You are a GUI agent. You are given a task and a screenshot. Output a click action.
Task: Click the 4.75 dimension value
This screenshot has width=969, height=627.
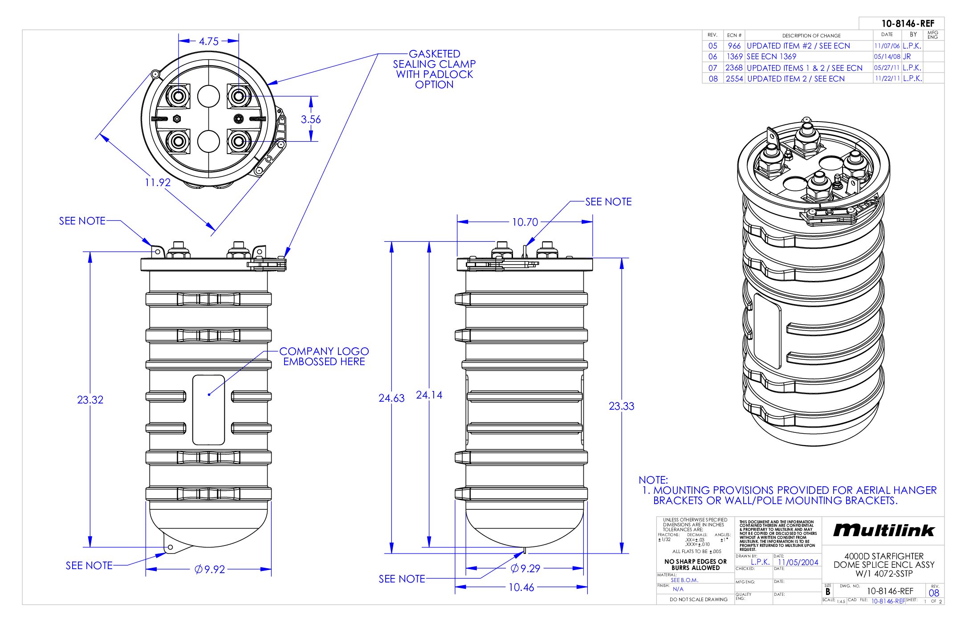[208, 41]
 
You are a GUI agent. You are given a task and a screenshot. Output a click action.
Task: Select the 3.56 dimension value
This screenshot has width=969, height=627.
[310, 119]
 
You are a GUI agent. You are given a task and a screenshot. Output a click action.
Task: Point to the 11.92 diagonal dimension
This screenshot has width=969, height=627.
[158, 182]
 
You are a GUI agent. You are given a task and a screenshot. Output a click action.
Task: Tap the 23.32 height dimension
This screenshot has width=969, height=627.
[90, 400]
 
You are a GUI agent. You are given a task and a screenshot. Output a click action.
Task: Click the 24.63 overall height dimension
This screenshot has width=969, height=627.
[391, 398]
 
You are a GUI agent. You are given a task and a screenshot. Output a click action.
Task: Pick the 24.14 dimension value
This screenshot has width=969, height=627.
[429, 395]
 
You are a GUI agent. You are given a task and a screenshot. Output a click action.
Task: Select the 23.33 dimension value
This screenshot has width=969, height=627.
[621, 406]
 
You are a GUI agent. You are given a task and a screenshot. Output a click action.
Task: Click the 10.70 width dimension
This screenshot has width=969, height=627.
[525, 222]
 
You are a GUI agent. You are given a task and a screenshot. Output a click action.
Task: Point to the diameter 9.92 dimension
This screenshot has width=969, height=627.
[210, 569]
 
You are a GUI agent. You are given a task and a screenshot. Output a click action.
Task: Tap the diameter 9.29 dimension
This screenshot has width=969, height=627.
[525, 568]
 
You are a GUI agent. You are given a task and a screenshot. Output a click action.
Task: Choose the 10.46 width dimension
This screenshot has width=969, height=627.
[521, 587]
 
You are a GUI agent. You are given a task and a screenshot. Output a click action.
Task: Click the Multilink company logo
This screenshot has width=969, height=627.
[883, 530]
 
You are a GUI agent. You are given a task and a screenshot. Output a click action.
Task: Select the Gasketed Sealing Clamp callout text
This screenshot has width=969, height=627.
[434, 69]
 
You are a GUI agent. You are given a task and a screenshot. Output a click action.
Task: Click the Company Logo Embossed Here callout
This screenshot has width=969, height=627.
[324, 356]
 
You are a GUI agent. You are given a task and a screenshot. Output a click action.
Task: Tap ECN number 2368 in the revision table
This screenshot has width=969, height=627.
[734, 68]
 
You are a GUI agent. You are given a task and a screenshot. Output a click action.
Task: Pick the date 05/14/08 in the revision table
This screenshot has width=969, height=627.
[887, 57]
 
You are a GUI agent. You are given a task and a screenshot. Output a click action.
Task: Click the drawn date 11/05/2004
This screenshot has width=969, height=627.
[798, 562]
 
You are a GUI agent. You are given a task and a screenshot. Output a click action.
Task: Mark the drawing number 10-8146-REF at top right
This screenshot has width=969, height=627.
[908, 24]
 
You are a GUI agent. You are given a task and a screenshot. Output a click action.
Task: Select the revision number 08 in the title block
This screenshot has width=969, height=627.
[934, 593]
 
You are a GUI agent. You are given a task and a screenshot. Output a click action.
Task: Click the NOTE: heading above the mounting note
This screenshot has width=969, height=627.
[653, 480]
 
